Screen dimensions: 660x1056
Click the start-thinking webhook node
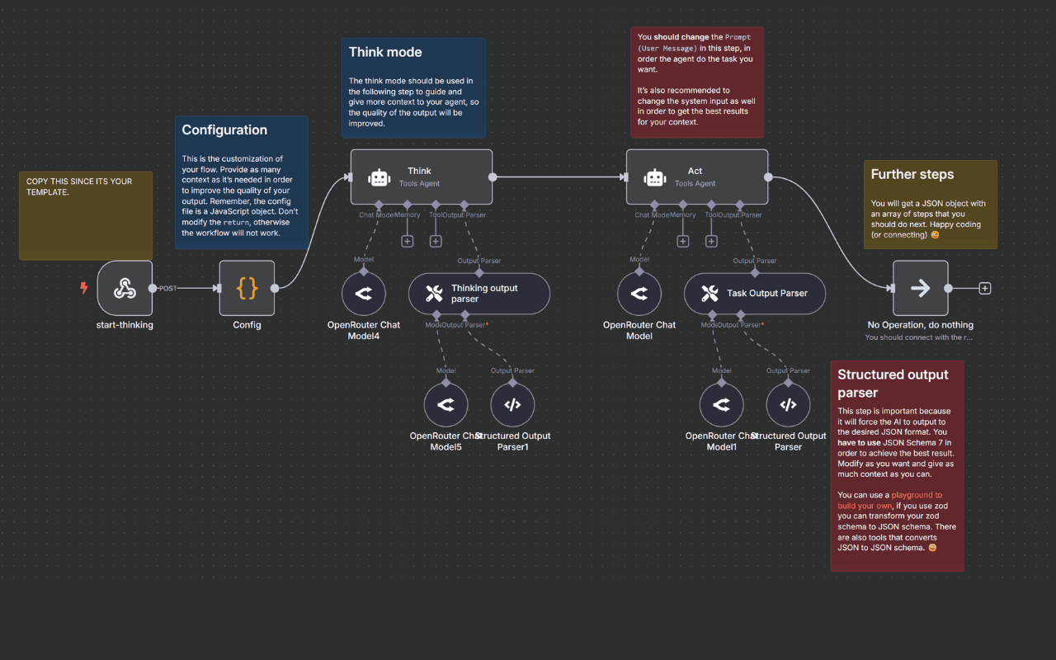125,288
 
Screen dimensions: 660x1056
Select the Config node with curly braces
247,288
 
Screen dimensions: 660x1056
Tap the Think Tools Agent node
421,177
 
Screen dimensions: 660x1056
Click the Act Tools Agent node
696,177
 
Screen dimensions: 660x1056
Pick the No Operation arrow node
920,288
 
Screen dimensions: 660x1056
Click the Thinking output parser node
478,294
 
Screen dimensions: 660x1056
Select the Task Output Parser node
754,294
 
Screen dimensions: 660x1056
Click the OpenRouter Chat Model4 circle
364,293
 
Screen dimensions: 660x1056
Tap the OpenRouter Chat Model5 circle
445,404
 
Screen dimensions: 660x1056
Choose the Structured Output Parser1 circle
512,404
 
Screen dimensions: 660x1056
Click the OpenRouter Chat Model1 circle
721,404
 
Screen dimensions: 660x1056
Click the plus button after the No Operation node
984,289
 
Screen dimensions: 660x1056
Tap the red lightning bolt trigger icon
83,288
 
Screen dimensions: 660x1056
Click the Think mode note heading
385,52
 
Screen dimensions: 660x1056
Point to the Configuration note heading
224,130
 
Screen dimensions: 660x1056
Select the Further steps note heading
912,175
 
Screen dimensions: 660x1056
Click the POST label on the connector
168,289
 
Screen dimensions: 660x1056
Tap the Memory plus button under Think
407,241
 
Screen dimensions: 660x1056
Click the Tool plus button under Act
711,241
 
